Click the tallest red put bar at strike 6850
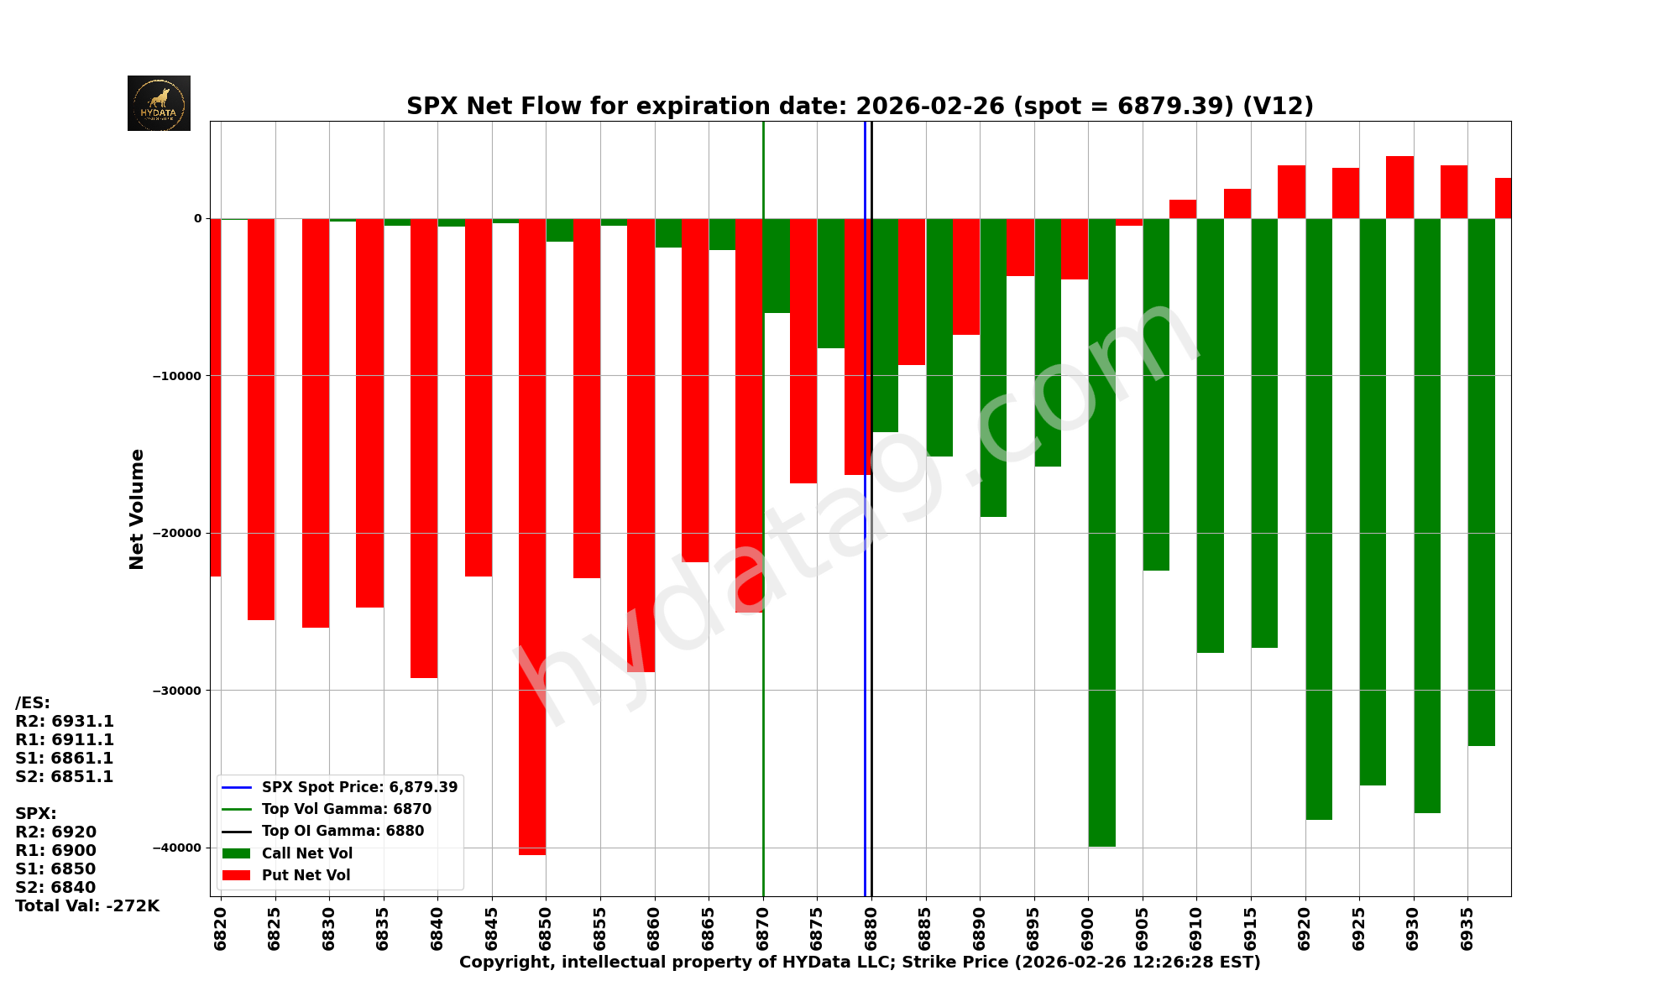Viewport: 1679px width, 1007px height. click(532, 537)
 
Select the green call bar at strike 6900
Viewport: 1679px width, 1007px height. click(1102, 532)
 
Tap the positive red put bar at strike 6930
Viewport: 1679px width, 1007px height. click(1399, 187)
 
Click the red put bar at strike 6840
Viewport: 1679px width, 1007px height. click(424, 448)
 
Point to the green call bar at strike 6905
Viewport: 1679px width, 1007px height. click(1156, 394)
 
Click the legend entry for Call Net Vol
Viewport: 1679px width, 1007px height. click(306, 853)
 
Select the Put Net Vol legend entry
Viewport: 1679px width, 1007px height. click(306, 875)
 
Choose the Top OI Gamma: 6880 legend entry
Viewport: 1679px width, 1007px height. click(343, 832)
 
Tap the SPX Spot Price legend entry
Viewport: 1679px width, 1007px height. click(359, 787)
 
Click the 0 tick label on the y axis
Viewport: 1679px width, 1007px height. click(198, 218)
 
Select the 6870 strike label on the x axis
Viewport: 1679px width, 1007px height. click(763, 928)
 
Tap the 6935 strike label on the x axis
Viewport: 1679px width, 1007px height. click(1467, 928)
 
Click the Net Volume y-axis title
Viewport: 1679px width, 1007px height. click(137, 509)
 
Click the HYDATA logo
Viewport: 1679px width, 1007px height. click(159, 103)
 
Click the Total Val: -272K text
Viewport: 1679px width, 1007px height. click(87, 906)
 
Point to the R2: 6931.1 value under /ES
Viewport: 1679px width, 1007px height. click(65, 722)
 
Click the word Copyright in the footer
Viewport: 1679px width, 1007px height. click(506, 963)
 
